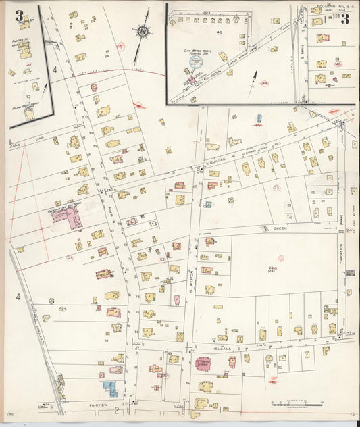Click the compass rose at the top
tap(143, 31)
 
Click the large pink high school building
tap(74, 216)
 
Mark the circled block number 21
tap(70, 257)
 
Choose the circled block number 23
tap(276, 187)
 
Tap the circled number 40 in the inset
tap(219, 32)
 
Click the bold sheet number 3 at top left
tap(18, 16)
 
